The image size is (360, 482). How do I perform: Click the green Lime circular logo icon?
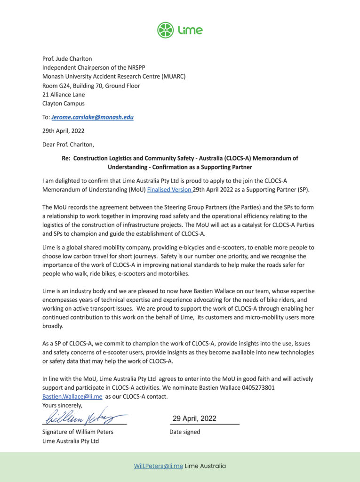[166, 30]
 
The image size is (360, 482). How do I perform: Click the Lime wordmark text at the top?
[190, 31]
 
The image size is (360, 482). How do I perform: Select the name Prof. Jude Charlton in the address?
[67, 59]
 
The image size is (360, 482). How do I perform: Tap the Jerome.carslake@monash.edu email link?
[92, 117]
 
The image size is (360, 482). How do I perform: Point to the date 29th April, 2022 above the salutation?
[64, 131]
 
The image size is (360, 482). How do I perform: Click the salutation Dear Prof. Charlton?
[68, 145]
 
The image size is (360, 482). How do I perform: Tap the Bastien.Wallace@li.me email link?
[72, 396]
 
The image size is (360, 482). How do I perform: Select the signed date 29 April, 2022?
[194, 418]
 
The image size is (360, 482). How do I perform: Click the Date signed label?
[184, 432]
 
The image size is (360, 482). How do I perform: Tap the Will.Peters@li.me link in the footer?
[158, 466]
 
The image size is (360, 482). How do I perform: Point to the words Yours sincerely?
[62, 405]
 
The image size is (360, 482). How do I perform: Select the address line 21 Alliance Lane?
[64, 95]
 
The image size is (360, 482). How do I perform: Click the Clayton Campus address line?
[64, 104]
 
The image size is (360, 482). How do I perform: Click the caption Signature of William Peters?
[78, 432]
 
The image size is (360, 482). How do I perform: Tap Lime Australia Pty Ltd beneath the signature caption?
[71, 441]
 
